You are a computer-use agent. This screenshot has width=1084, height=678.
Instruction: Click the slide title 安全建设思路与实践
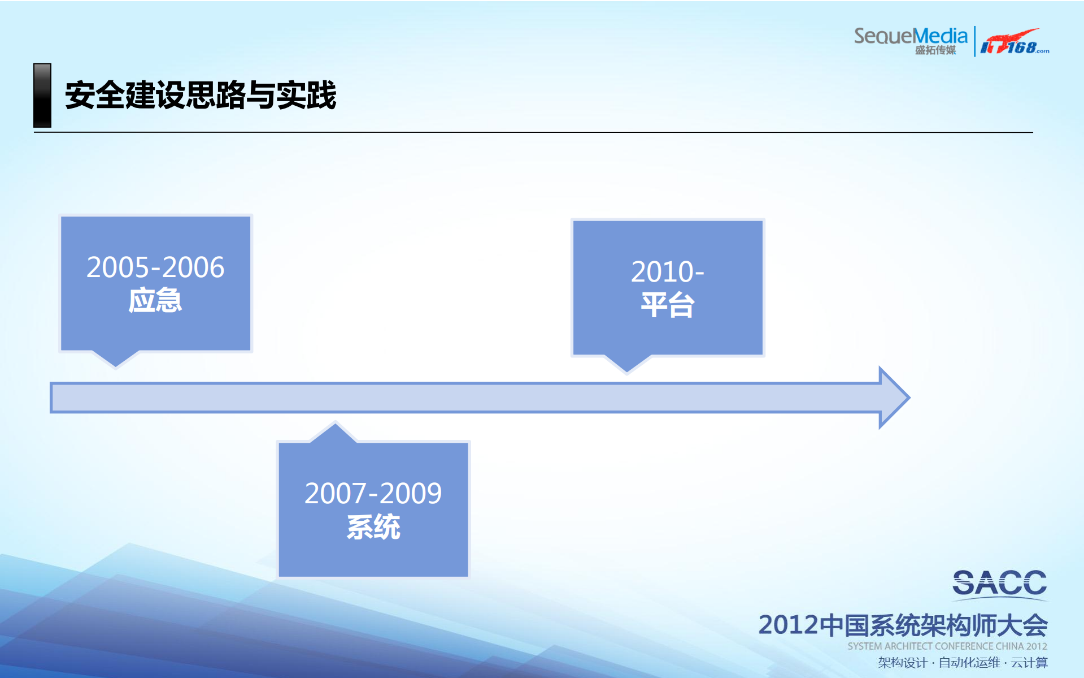pos(201,95)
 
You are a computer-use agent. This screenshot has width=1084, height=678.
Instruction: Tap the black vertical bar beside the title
pos(42,95)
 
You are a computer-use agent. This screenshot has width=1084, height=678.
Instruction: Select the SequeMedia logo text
pos(910,36)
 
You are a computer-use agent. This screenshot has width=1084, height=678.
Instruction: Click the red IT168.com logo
pos(1014,42)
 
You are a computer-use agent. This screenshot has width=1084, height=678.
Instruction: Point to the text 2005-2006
pos(155,267)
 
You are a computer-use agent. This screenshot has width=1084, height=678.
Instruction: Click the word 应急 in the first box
pos(155,300)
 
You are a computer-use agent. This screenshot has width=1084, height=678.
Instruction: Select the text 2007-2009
pos(373,493)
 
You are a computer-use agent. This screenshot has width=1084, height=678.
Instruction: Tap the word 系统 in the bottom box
pos(373,527)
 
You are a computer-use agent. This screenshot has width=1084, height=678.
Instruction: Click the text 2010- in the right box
pos(667,271)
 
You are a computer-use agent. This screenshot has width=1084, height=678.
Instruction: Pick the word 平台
pos(667,305)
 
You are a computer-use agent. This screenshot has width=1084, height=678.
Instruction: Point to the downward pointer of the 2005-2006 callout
pos(116,360)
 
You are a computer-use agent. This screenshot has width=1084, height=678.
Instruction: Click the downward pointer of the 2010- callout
pos(628,365)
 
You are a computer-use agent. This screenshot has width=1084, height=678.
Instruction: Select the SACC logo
pos(999,583)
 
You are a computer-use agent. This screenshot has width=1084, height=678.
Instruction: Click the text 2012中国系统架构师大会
pos(902,625)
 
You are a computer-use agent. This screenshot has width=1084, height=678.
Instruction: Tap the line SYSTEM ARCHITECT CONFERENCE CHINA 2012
pos(947,646)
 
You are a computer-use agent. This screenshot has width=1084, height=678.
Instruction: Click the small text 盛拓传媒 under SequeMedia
pos(935,50)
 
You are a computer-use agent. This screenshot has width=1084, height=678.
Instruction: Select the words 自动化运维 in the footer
pos(969,662)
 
